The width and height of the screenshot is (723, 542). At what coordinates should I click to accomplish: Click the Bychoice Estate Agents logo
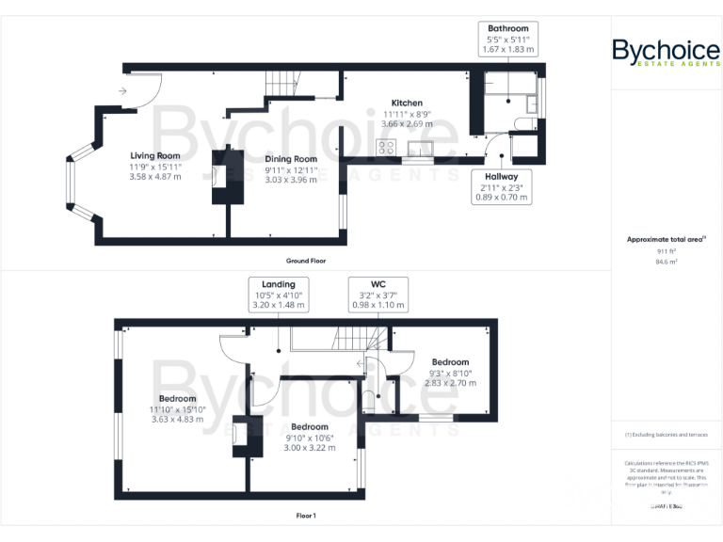pyautogui.click(x=666, y=54)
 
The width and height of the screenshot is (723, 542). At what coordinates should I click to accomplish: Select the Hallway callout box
pyautogui.click(x=503, y=186)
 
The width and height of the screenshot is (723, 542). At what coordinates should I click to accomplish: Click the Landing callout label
pyautogui.click(x=279, y=295)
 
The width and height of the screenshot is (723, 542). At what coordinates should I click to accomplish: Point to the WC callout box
pyautogui.click(x=378, y=295)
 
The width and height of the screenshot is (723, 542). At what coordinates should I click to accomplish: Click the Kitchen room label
pyautogui.click(x=407, y=113)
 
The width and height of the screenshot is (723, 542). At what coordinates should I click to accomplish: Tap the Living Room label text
pyautogui.click(x=155, y=167)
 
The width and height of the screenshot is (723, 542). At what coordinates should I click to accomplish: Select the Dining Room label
pyautogui.click(x=291, y=169)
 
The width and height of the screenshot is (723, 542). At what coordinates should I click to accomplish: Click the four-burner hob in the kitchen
pyautogui.click(x=386, y=146)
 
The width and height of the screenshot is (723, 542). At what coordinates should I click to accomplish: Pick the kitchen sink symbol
pyautogui.click(x=419, y=147)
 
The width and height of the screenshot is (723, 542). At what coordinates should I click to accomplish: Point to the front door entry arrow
pyautogui.click(x=122, y=91)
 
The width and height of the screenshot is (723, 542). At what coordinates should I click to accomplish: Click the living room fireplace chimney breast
pyautogui.click(x=227, y=177)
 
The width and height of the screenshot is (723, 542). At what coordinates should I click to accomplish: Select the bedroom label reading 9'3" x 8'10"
pyautogui.click(x=450, y=373)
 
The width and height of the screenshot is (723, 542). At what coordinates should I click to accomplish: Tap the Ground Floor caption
pyautogui.click(x=306, y=260)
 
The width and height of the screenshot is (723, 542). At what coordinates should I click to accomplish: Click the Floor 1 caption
pyautogui.click(x=306, y=516)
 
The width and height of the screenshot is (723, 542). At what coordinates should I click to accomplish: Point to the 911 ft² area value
pyautogui.click(x=666, y=252)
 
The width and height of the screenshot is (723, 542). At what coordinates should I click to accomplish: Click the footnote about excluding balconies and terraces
pyautogui.click(x=666, y=435)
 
